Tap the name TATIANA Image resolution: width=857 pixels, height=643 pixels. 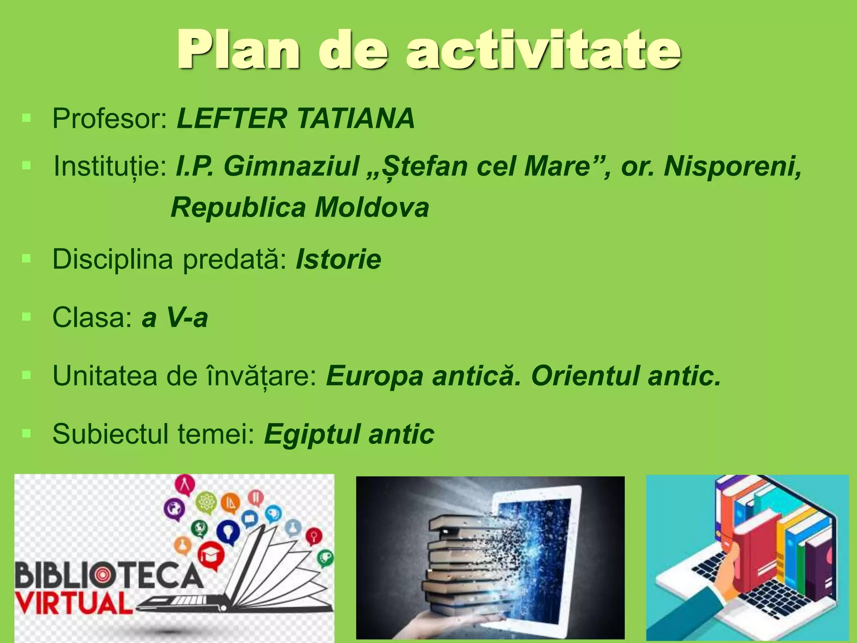click(355, 118)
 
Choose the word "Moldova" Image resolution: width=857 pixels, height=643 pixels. click(372, 208)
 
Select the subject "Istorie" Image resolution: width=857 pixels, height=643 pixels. click(339, 260)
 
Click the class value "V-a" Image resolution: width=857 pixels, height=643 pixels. click(187, 318)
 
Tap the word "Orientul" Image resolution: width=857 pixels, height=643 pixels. click(585, 376)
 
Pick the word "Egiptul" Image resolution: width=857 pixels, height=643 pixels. click(312, 434)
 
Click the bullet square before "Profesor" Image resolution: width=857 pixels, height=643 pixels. click(27, 118)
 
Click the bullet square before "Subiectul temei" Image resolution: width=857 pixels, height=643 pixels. click(27, 433)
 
